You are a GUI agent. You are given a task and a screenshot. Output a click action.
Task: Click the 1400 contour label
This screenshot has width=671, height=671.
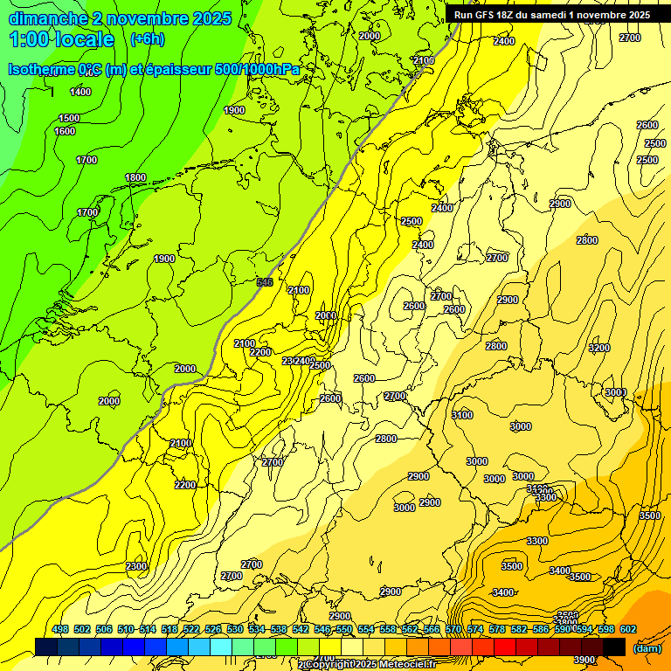point(80,92)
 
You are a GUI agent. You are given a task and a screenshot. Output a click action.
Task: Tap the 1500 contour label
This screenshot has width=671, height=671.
point(69,118)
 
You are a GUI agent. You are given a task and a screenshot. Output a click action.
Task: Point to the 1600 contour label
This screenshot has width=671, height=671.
point(65,132)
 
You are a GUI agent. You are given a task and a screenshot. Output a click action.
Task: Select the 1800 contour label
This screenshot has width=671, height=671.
point(135,177)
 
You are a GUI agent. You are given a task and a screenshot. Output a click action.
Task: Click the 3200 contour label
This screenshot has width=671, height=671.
point(598,348)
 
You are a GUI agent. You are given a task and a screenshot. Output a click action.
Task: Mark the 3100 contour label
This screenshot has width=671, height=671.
point(462,414)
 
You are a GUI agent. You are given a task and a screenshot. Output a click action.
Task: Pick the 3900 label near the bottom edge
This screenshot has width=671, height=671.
point(585,660)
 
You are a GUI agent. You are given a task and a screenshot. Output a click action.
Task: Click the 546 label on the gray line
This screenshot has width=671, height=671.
point(265,281)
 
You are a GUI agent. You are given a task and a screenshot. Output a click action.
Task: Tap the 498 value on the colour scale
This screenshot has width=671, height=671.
point(60,629)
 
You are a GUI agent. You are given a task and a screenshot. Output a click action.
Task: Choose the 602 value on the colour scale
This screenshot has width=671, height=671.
point(628,629)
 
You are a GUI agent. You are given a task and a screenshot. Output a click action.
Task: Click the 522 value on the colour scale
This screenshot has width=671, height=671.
point(191,629)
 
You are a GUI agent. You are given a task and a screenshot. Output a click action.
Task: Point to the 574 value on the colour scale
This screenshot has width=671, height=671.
point(475,629)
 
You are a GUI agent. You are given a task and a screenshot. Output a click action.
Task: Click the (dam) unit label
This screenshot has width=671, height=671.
point(647,647)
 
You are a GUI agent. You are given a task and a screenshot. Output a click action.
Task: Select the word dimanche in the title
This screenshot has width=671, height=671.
point(48,18)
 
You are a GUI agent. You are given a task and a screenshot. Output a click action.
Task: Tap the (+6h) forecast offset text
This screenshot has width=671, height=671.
point(147,39)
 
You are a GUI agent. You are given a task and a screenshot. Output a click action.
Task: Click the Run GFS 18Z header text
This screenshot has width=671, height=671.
point(490,15)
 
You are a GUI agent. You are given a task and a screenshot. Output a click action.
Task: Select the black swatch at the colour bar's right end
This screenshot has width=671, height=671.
point(614,647)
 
